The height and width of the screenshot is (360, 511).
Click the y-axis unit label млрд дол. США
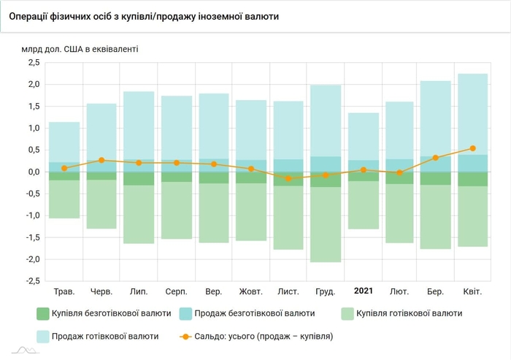click(x=80, y=50)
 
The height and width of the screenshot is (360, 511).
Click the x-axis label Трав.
click(x=64, y=291)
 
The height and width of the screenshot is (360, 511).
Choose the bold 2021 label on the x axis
click(x=363, y=291)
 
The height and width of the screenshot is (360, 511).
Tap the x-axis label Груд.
click(x=325, y=291)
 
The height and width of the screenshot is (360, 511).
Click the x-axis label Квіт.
click(x=472, y=291)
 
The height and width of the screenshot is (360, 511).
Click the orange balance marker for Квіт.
click(x=472, y=148)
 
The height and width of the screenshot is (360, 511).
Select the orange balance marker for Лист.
click(x=288, y=178)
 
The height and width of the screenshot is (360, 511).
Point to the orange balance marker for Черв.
click(x=101, y=160)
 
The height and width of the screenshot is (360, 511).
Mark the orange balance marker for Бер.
click(x=435, y=158)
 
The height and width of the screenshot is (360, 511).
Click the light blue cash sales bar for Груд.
click(x=325, y=120)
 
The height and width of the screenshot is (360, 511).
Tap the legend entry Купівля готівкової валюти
click(x=409, y=313)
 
